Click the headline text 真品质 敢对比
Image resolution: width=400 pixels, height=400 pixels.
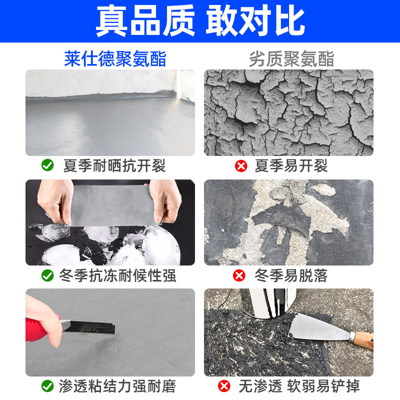[200, 21]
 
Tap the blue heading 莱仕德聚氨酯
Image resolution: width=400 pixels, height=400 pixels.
[115, 58]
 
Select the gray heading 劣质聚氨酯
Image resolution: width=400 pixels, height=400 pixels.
[291, 58]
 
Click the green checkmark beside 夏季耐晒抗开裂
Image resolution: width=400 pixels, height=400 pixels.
[47, 165]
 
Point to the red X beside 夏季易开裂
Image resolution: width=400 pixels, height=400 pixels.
[241, 166]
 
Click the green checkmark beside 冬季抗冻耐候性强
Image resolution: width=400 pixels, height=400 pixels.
[47, 275]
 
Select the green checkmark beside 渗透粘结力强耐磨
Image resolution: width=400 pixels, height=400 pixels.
[47, 385]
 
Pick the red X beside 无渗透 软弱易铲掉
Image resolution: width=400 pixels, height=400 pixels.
[224, 386]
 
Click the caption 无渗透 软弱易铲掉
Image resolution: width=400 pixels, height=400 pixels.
[299, 386]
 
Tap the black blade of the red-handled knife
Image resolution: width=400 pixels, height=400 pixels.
[92, 327]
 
